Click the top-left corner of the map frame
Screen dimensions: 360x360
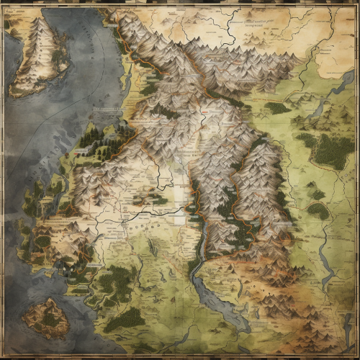[x=3, y=4]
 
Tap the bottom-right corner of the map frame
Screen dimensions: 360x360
[x=356, y=356]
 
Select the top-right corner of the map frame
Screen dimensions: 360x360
[x=356, y=4]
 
